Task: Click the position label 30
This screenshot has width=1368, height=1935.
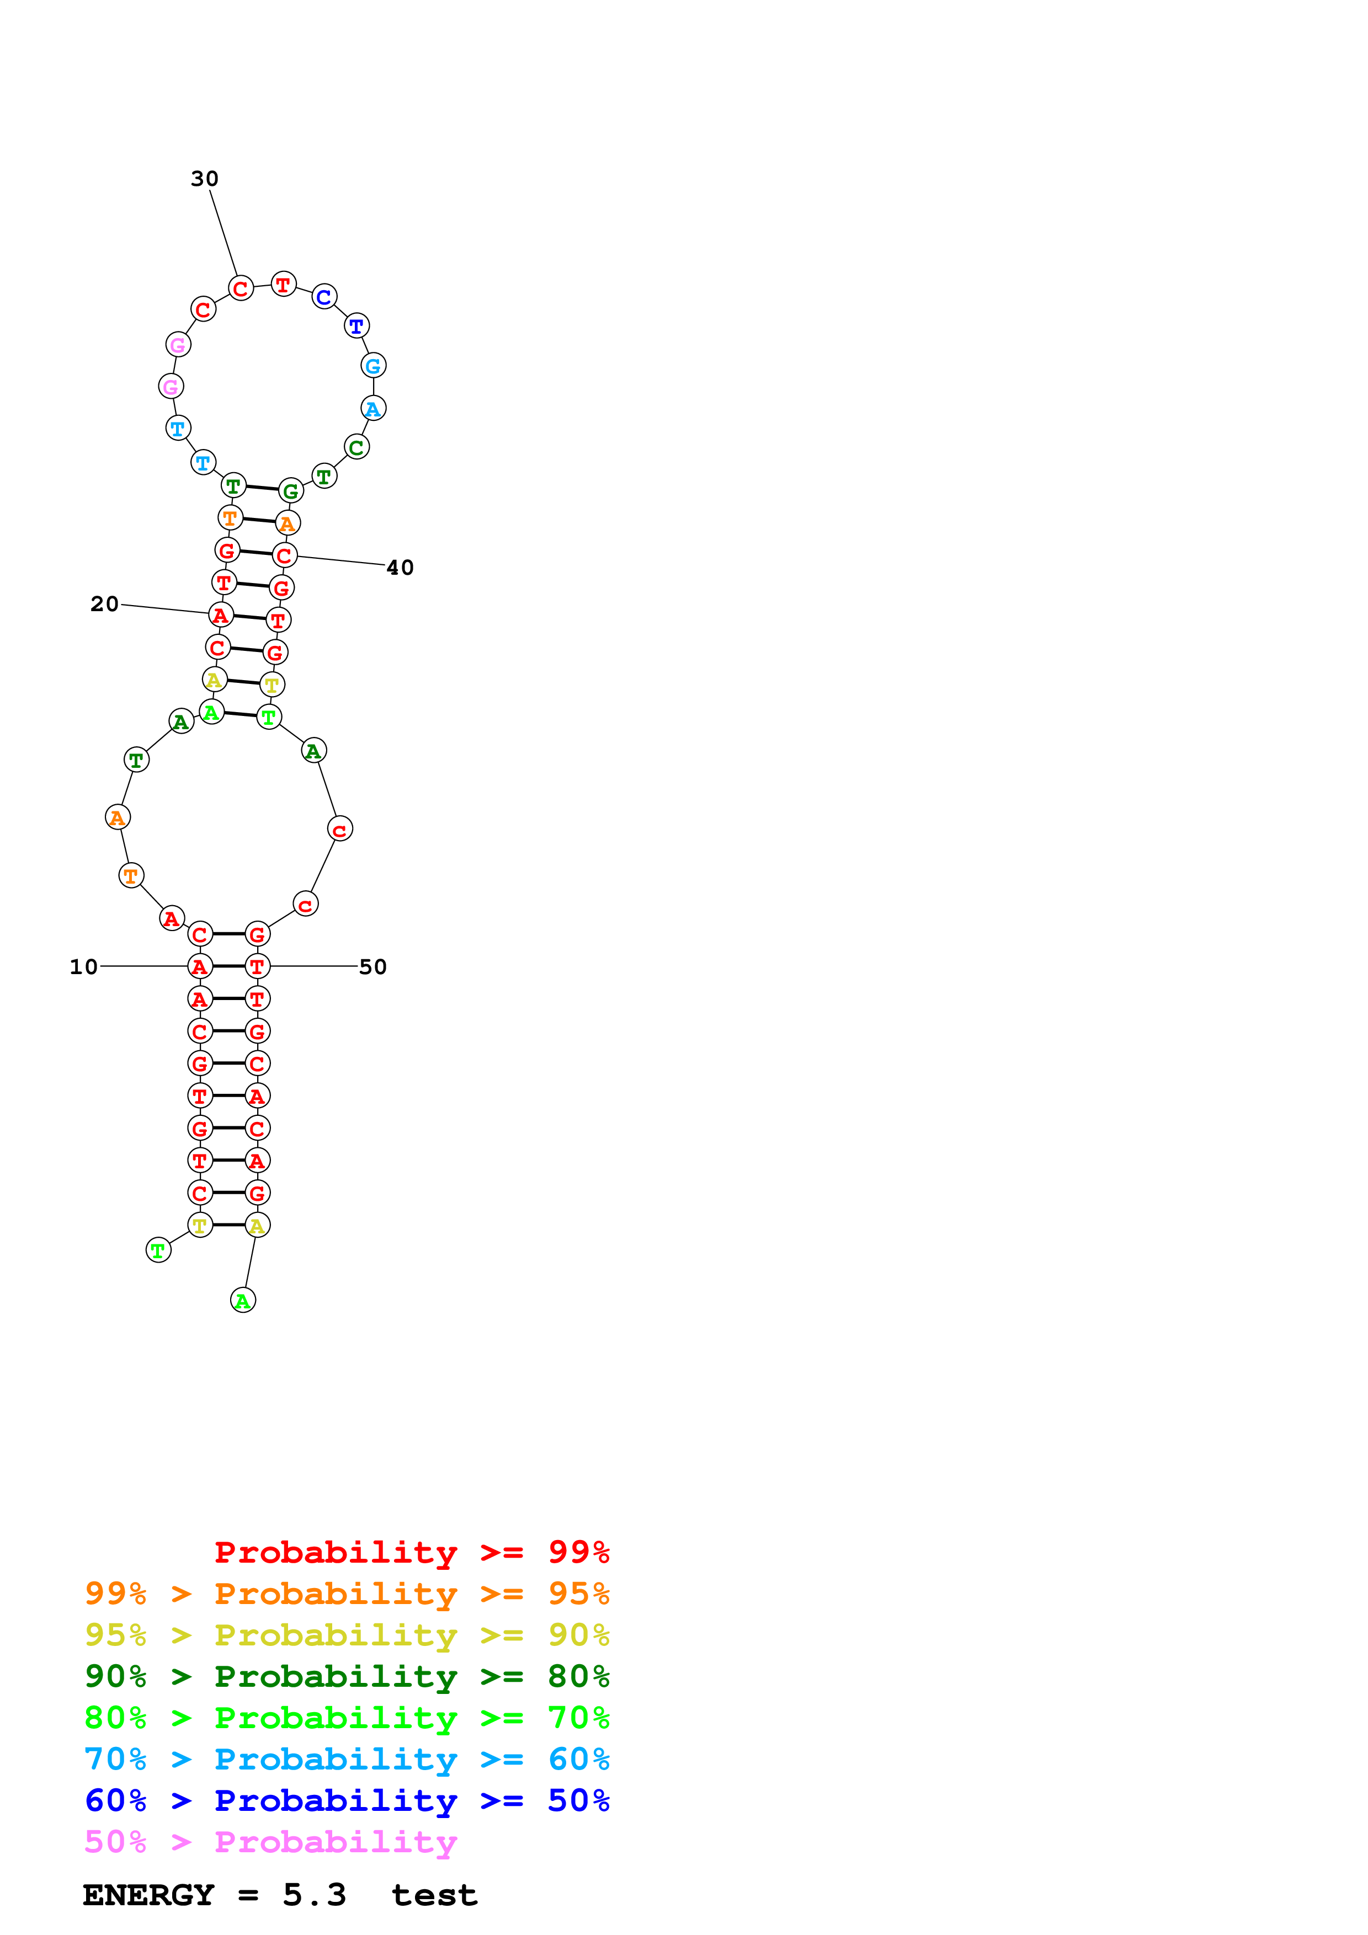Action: point(204,179)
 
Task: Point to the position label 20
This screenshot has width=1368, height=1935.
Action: point(104,604)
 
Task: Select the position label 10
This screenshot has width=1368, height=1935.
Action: point(83,966)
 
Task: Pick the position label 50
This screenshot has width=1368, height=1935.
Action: point(372,966)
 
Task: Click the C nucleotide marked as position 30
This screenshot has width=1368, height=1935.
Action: point(241,288)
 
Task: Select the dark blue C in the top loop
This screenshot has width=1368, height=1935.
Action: point(324,297)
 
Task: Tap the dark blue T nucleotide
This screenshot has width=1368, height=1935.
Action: point(356,325)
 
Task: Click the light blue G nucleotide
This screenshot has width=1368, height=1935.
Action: point(374,366)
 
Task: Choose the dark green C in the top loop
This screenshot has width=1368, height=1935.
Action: point(356,447)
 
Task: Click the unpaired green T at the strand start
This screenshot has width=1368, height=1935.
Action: point(158,1250)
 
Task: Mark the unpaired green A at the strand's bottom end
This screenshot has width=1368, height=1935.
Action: point(243,1301)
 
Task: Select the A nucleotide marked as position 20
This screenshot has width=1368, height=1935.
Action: point(221,615)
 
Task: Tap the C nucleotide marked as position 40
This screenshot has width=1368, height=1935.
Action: point(285,555)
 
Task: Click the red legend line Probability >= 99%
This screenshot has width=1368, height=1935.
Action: point(411,1552)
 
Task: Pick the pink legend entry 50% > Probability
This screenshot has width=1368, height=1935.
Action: point(270,1841)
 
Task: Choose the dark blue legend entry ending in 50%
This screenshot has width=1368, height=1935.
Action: point(347,1800)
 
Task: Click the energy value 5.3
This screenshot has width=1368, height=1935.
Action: point(313,1895)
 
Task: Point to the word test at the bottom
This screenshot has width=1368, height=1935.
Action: point(434,1895)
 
